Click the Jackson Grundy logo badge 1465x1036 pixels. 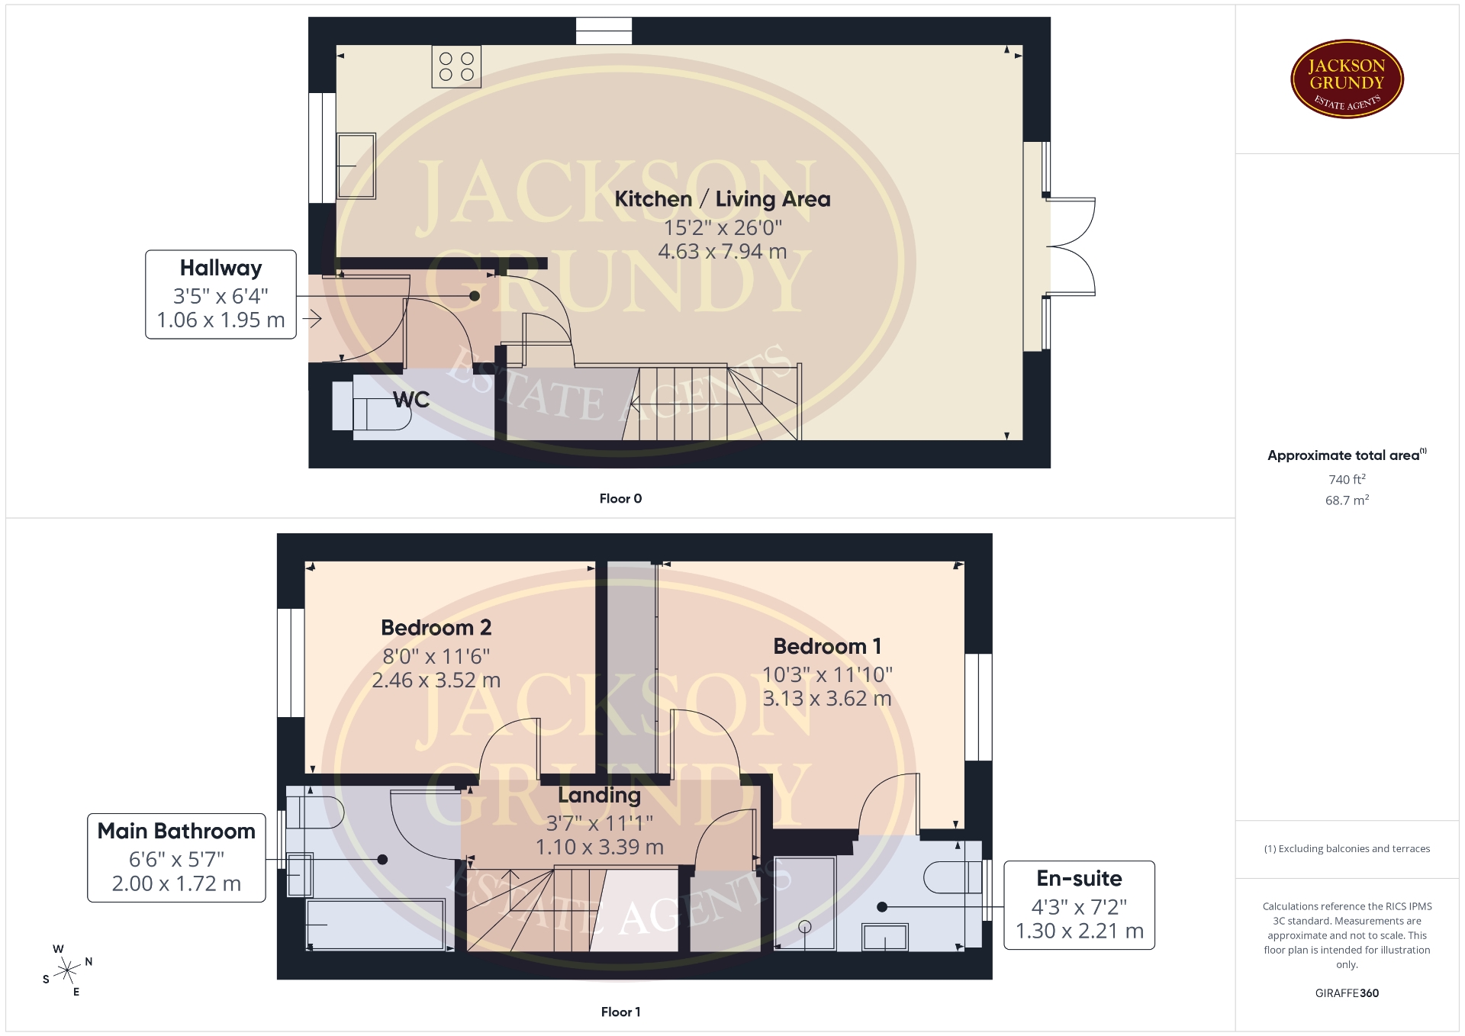point(1347,79)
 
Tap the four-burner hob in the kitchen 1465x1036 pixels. point(456,66)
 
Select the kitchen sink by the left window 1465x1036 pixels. point(356,166)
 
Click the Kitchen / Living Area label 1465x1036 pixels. point(723,199)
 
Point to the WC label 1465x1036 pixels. point(411,399)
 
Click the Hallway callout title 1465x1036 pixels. point(221,268)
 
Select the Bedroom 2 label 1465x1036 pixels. point(436,628)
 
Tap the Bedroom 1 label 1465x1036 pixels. point(827,646)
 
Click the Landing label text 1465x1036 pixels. point(599,795)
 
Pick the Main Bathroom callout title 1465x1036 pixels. point(176,831)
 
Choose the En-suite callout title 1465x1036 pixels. point(1079,878)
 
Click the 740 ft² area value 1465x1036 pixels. point(1347,479)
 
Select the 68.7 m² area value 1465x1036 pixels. point(1347,500)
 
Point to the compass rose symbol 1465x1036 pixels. point(68,970)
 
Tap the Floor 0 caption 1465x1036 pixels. point(620,498)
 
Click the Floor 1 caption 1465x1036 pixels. point(620,1012)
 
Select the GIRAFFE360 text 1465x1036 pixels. point(1347,993)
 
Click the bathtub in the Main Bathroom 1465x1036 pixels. point(375,924)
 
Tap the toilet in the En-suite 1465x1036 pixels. point(954,877)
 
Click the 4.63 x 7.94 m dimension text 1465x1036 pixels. point(723,251)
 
